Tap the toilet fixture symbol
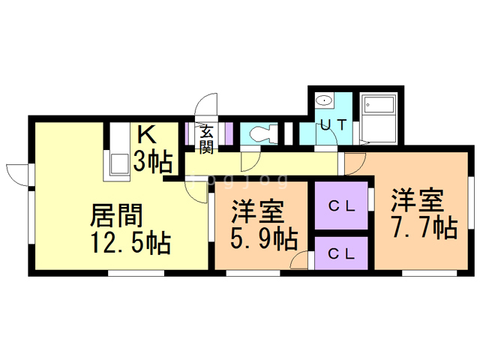260,134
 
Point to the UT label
333,125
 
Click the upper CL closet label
341,205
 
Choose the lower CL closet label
341,253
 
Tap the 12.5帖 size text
130,243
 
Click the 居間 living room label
116,215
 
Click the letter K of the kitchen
147,136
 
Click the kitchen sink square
119,166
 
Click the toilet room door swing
250,159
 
